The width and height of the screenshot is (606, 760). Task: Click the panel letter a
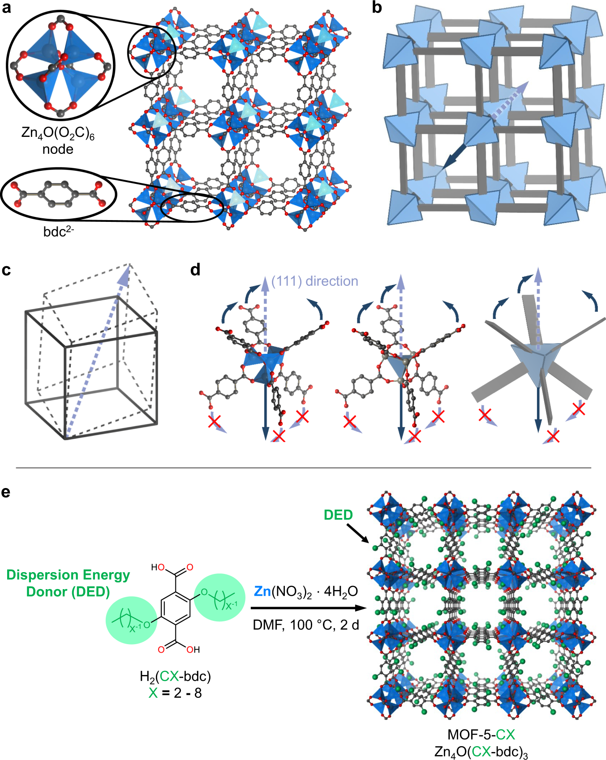pyautogui.click(x=6, y=8)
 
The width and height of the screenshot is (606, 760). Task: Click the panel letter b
pyautogui.click(x=377, y=8)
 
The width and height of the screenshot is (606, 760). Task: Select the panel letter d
pyautogui.click(x=195, y=270)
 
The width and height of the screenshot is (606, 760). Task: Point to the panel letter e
pyautogui.click(x=6, y=492)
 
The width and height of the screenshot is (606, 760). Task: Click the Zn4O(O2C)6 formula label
pyautogui.click(x=58, y=133)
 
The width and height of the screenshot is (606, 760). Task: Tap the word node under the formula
pyautogui.click(x=58, y=149)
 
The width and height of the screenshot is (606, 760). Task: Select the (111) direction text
pyautogui.click(x=315, y=281)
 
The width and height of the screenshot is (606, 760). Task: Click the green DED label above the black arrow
pyautogui.click(x=338, y=515)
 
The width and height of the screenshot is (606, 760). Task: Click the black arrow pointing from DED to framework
pyautogui.click(x=358, y=533)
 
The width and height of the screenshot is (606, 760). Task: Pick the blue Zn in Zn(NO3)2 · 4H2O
pyautogui.click(x=262, y=591)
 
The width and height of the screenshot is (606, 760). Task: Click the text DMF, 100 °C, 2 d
pyautogui.click(x=306, y=624)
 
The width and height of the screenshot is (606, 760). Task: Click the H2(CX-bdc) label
pyautogui.click(x=175, y=676)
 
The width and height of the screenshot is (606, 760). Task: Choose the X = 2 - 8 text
pyautogui.click(x=175, y=693)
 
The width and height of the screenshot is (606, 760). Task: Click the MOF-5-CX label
pyautogui.click(x=481, y=735)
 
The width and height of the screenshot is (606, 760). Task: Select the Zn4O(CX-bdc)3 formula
pyautogui.click(x=481, y=752)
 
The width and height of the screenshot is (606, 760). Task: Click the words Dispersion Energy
pyautogui.click(x=68, y=575)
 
